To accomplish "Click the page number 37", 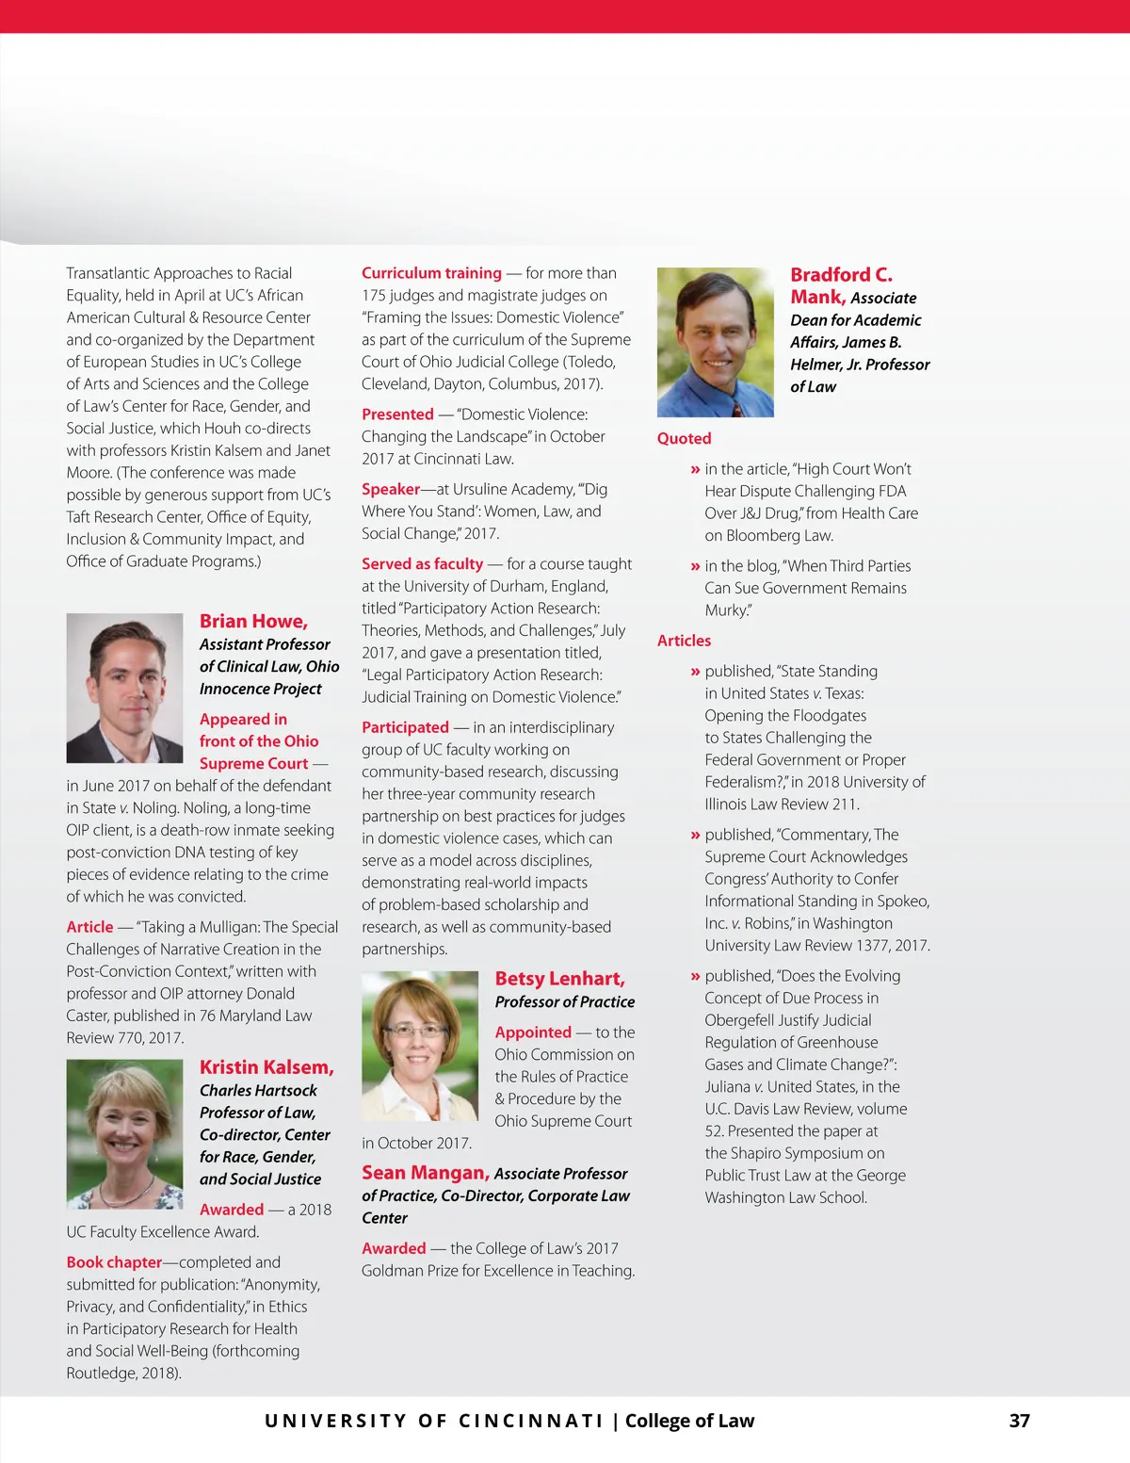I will [x=1019, y=1421].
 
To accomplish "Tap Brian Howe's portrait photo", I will [x=124, y=688].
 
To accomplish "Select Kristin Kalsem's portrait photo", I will [x=124, y=1133].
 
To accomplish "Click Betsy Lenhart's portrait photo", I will [x=420, y=1046].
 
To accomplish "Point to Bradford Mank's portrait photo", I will [x=715, y=342].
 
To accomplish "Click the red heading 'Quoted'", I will [x=684, y=438].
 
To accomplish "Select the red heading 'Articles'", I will [x=684, y=641].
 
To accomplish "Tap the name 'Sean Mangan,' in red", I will [x=425, y=1173].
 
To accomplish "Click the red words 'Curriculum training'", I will [x=431, y=273].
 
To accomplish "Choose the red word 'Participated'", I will [x=405, y=727].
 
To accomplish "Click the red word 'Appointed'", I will [x=533, y=1032].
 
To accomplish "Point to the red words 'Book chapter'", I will [x=114, y=1262].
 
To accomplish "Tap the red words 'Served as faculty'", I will [x=422, y=564].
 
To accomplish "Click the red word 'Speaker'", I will [x=391, y=489].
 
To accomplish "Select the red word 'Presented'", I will [x=397, y=415].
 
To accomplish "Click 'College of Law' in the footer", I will [x=689, y=1421].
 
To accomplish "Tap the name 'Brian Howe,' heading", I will [x=253, y=622].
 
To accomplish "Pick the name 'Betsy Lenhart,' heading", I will [x=559, y=979].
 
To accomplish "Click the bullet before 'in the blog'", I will [x=695, y=566].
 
